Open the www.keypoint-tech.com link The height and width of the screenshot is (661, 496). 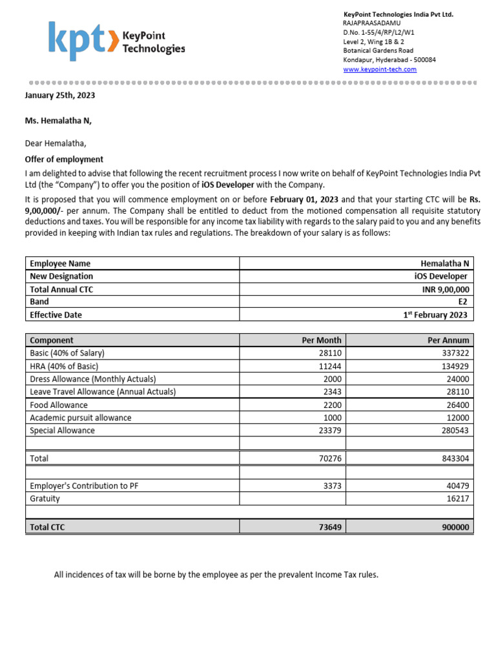[x=379, y=69]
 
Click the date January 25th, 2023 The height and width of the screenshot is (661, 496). [x=60, y=95]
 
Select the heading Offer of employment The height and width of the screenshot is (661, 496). [x=64, y=159]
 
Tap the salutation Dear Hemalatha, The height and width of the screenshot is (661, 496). [x=55, y=143]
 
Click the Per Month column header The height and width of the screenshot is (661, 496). [x=322, y=340]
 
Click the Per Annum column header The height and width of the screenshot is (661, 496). [x=448, y=340]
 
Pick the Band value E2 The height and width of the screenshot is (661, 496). [x=464, y=302]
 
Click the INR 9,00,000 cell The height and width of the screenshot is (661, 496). [x=442, y=289]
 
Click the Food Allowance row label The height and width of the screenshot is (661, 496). [x=59, y=405]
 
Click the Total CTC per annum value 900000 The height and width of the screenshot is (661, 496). [x=455, y=527]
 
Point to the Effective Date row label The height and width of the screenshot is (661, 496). [x=56, y=315]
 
